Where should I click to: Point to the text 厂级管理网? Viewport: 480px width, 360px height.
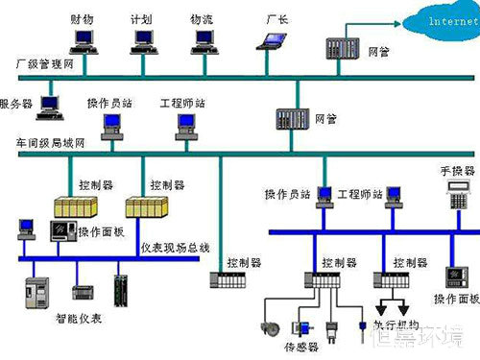(x=44, y=63)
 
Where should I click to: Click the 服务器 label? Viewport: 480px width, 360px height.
(x=16, y=103)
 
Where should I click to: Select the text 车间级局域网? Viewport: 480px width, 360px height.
(x=50, y=142)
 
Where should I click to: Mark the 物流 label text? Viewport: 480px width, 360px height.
(x=202, y=19)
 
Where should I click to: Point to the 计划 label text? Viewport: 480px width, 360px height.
(x=141, y=19)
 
